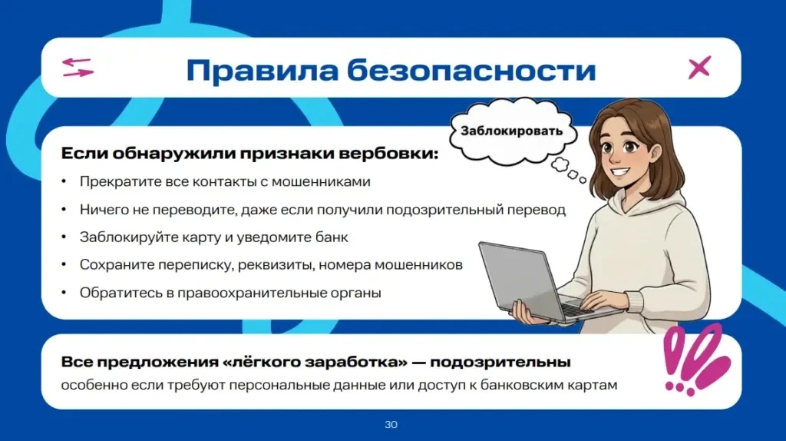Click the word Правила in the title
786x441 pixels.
pos(263,70)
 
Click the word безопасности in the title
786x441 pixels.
pos(471,70)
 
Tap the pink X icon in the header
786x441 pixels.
pos(699,68)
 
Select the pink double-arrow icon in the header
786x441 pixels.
pos(78,68)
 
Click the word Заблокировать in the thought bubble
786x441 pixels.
pos(511,131)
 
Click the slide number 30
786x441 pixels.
pos(391,424)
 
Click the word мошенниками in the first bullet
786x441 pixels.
pos(321,181)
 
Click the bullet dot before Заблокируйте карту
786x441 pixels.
pos(64,237)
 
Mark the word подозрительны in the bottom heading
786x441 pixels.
pos(500,362)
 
